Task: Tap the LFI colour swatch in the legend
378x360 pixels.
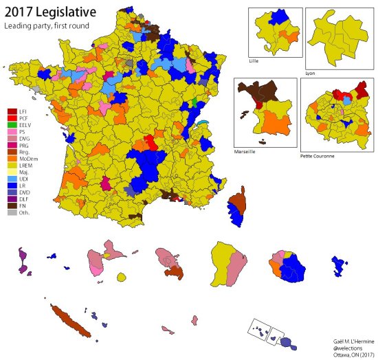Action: [12, 111]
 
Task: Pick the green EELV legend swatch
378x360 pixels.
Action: [12, 126]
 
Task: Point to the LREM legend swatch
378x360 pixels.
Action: [12, 166]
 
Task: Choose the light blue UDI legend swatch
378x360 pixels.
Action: [12, 181]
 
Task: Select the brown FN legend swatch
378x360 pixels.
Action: [12, 205]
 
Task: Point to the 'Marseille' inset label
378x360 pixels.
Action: [245, 150]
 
